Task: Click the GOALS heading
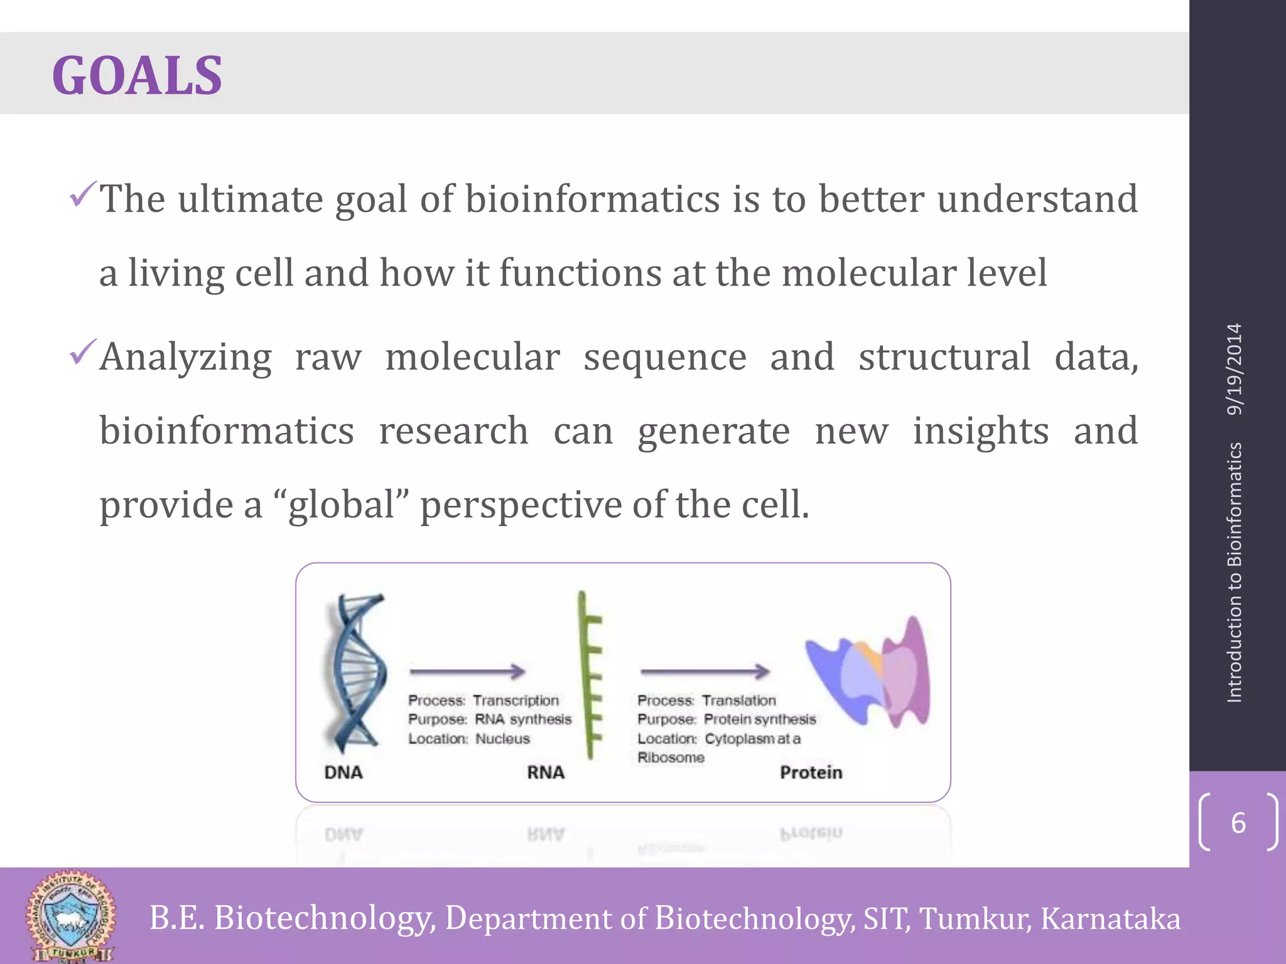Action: tap(137, 75)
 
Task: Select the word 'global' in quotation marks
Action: tap(342, 505)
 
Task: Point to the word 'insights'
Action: tap(980, 431)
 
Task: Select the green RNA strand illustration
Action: tap(590, 675)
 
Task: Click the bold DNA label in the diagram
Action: tap(343, 773)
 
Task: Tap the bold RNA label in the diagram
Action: tap(545, 773)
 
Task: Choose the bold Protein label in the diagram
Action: tap(811, 773)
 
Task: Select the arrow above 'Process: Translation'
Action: tap(705, 672)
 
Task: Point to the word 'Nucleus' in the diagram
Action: tap(502, 739)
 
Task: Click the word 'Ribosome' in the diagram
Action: tap(671, 758)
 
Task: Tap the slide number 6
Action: tap(1238, 823)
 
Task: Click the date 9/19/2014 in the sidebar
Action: tap(1235, 369)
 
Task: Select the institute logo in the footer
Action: tap(70, 916)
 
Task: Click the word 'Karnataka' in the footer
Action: tap(1110, 918)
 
